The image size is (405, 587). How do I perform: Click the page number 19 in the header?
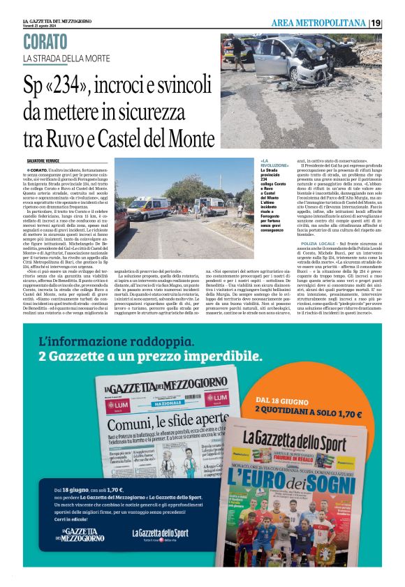[376, 23]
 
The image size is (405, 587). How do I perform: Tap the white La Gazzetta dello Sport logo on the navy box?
[160, 534]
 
